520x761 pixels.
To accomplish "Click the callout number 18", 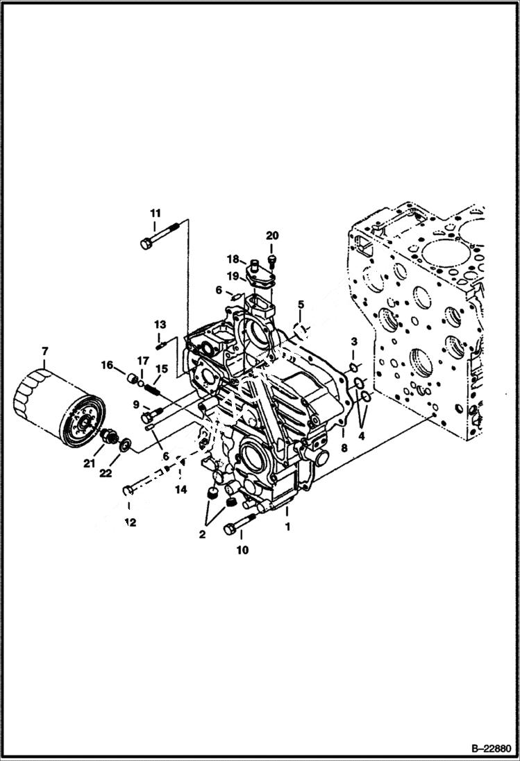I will [x=232, y=259].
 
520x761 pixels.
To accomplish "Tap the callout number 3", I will [x=353, y=341].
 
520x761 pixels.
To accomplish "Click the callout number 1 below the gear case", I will [x=287, y=527].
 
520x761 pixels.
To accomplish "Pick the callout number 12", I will [x=131, y=522].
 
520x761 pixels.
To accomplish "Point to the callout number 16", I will [x=108, y=365].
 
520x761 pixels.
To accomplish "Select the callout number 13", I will [x=160, y=324].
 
